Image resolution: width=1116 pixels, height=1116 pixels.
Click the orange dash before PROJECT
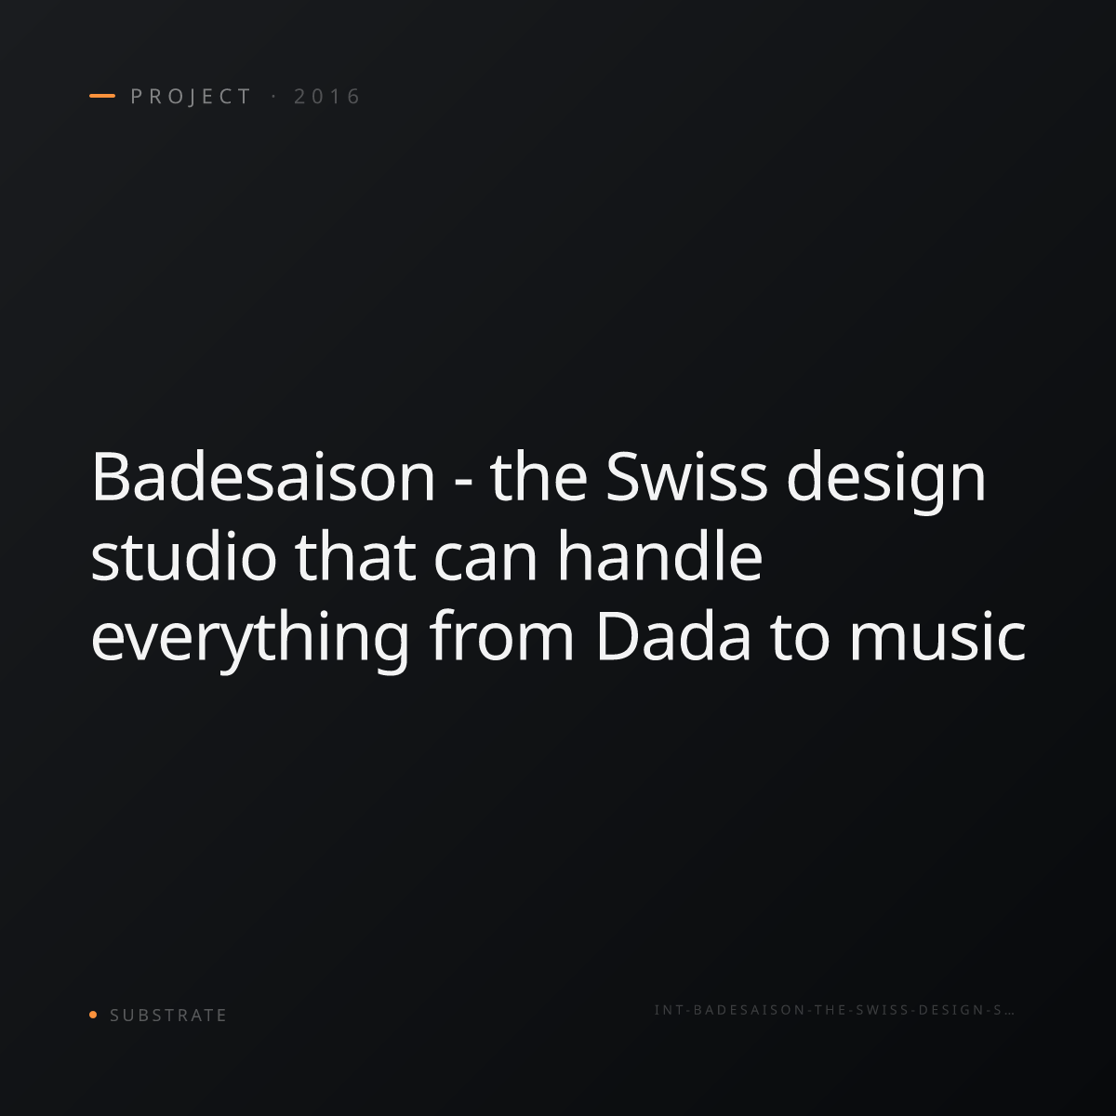tap(102, 96)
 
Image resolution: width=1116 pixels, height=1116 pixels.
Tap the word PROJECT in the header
tap(191, 97)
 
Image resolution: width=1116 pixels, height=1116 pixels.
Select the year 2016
tap(327, 97)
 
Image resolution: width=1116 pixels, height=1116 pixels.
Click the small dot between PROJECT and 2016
tap(273, 97)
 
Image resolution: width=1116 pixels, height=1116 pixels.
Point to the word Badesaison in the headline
tap(263, 477)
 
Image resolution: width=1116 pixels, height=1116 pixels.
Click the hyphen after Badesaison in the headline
tap(463, 483)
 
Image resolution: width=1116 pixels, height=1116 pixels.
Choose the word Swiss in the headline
tap(686, 477)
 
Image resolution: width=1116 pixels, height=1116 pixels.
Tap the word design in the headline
tap(886, 481)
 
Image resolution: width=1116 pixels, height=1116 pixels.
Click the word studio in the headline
tap(183, 555)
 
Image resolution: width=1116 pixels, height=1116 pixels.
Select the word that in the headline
tap(355, 555)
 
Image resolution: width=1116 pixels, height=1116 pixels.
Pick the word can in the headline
tap(485, 561)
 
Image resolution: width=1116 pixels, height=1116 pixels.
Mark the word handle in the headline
tap(659, 555)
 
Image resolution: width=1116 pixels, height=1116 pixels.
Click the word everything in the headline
tap(250, 640)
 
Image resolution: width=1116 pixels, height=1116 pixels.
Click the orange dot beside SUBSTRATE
tap(93, 1015)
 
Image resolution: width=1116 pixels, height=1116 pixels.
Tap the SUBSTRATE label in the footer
tap(168, 1016)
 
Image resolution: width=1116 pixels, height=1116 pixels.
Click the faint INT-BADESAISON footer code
tap(834, 1010)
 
